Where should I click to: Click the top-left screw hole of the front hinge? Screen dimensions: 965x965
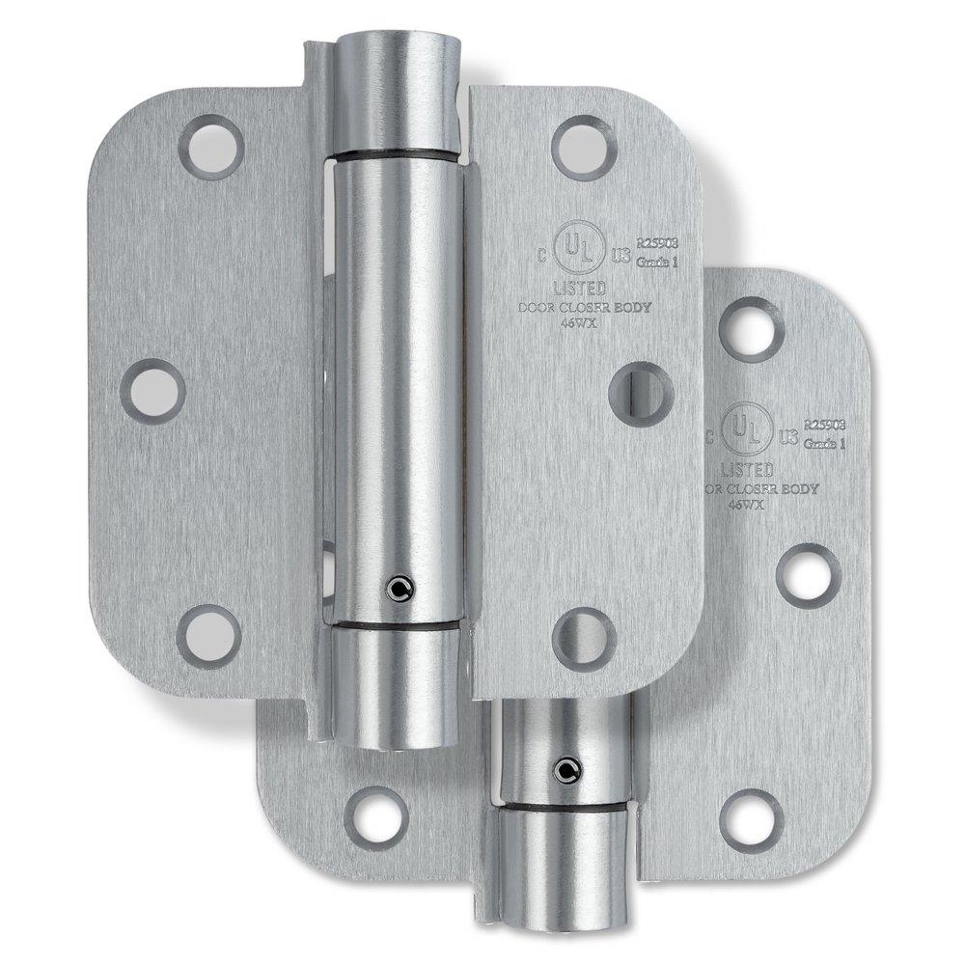tap(210, 148)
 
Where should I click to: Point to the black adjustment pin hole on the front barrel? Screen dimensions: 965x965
tap(396, 587)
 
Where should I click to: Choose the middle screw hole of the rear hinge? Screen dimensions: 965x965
tap(808, 575)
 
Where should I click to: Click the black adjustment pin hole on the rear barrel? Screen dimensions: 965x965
tap(562, 769)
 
